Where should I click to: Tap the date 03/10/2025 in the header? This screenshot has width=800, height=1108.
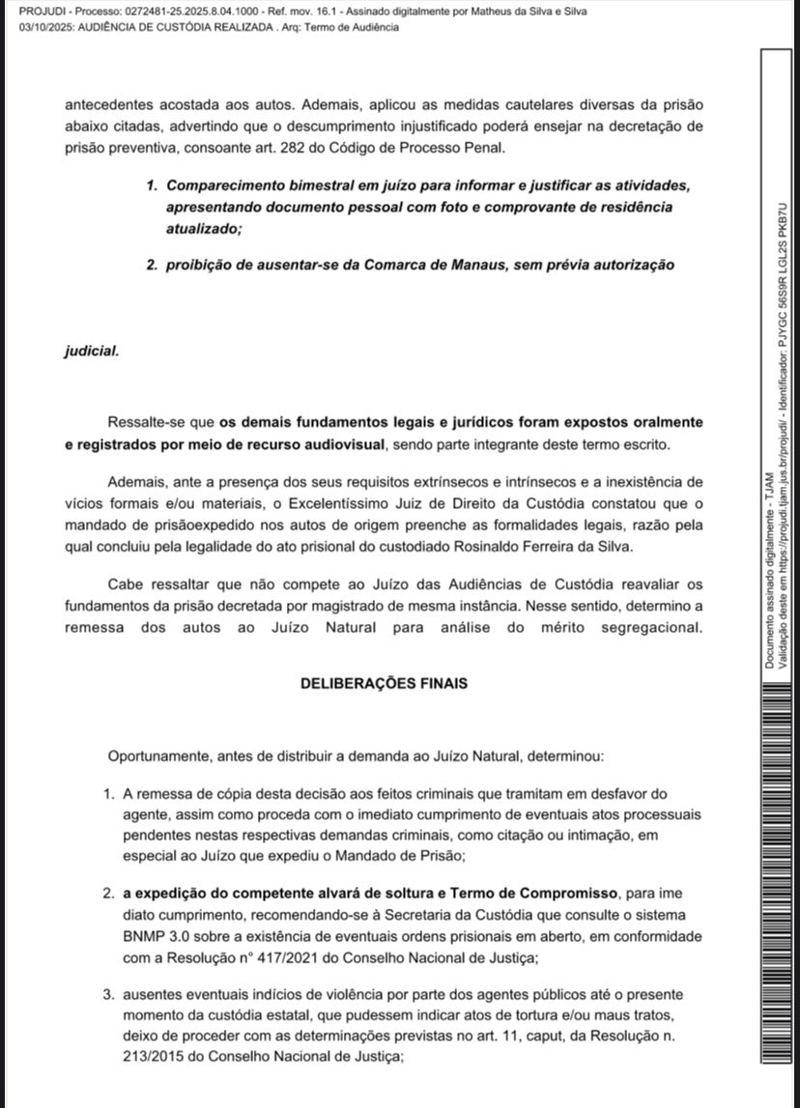coord(45,27)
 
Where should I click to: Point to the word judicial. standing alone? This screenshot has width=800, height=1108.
coord(92,351)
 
